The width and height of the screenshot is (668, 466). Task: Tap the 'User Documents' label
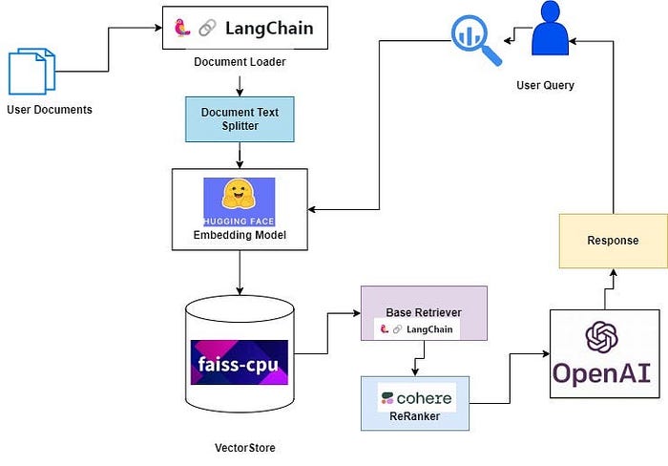click(x=50, y=110)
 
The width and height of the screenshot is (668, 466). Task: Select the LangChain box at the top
click(x=246, y=29)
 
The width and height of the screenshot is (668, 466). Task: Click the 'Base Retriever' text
click(x=424, y=312)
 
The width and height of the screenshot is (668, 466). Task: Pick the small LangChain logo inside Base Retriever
click(x=418, y=329)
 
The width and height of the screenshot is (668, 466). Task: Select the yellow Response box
click(x=613, y=241)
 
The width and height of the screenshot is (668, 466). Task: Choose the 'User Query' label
click(x=546, y=86)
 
